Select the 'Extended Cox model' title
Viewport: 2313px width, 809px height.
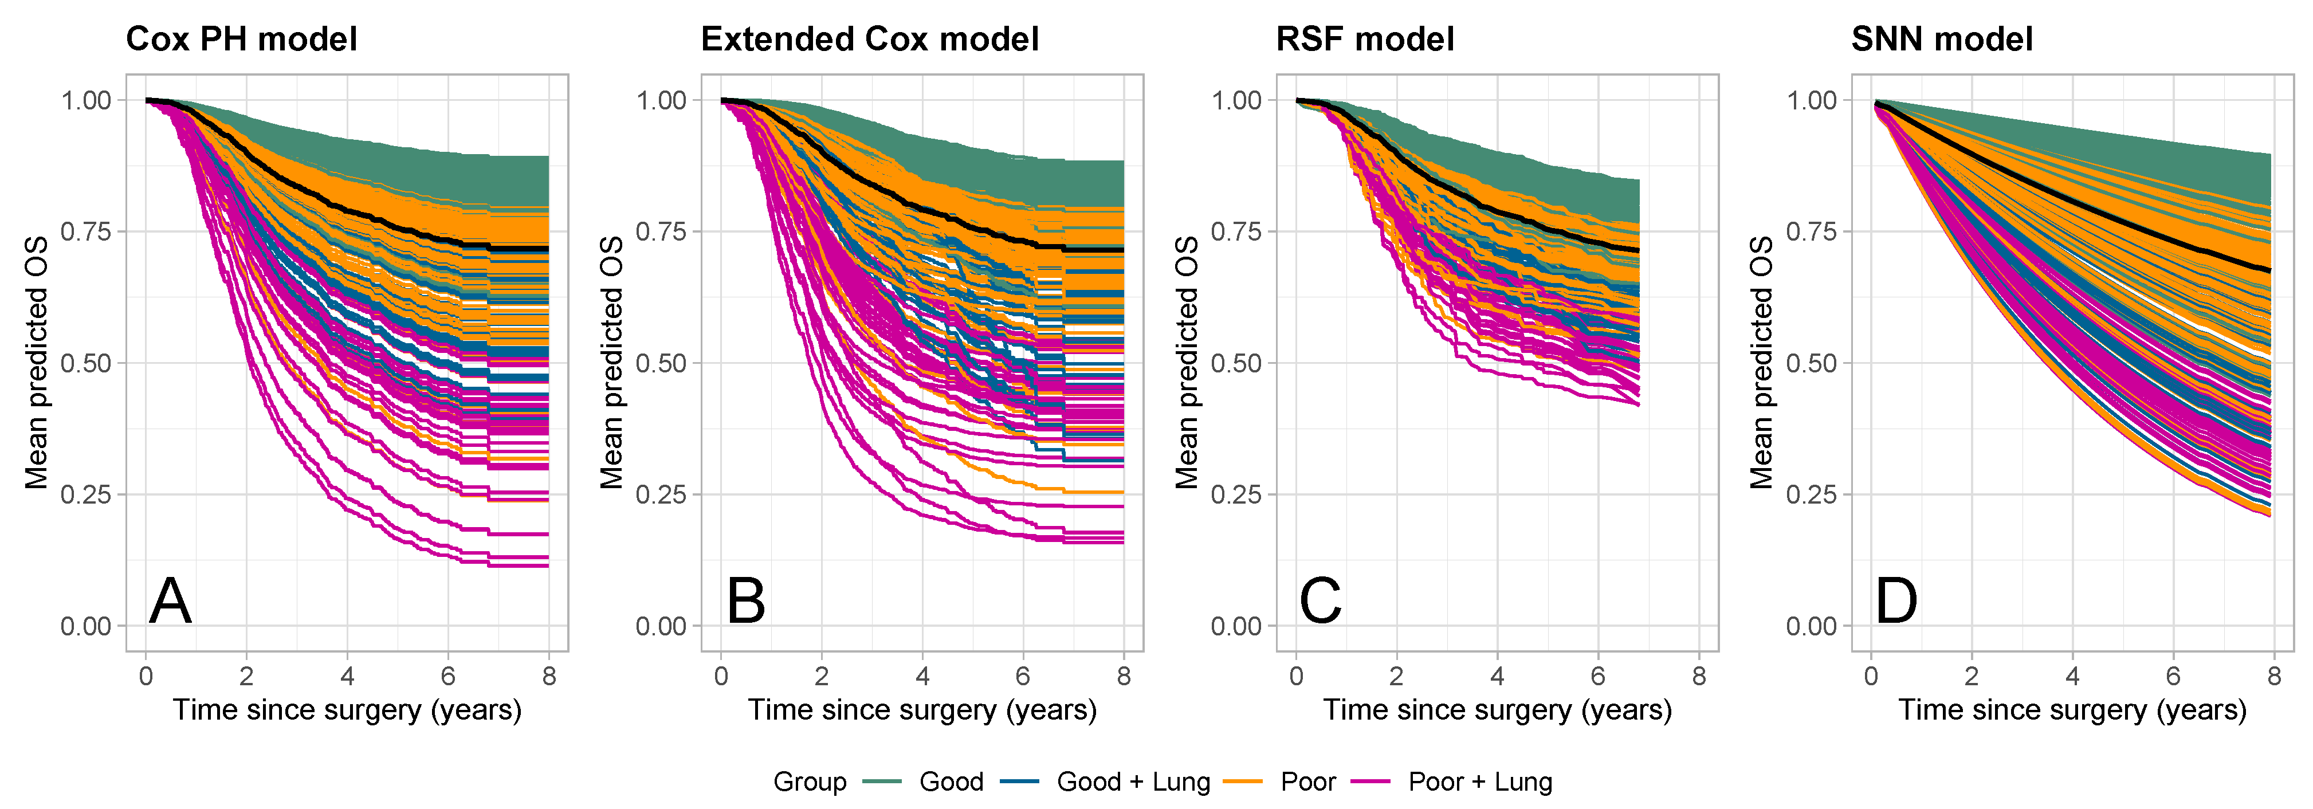869,40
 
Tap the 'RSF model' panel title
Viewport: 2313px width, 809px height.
1365,40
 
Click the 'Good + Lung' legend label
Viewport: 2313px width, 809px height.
1133,782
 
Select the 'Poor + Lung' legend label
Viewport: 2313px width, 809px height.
1480,782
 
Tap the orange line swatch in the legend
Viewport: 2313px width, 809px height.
1242,782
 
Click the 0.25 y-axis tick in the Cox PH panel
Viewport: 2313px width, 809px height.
86,494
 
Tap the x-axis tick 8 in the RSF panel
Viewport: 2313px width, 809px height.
1698,676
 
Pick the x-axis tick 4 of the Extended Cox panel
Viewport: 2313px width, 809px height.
922,676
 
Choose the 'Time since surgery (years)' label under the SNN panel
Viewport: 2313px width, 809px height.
2071,710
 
